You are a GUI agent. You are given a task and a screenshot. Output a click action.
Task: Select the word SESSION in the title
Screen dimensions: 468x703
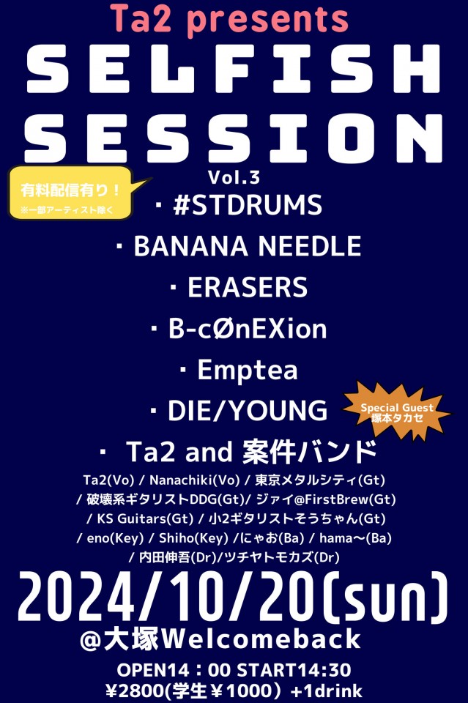[234, 138]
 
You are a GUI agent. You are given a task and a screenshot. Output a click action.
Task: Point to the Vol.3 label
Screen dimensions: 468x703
[234, 177]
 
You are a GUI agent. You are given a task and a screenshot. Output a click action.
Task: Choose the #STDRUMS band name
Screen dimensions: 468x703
[248, 205]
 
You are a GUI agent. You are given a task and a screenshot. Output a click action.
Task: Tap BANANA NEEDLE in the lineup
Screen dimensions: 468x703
[248, 246]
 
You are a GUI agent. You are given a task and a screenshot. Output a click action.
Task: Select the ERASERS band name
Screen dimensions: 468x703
[248, 287]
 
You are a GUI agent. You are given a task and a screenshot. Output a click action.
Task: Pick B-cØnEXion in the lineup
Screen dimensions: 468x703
[248, 328]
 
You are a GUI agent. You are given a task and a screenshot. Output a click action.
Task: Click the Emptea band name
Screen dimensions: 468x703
[248, 370]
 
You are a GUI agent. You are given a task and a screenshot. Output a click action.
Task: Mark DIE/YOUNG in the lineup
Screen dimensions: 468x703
[248, 411]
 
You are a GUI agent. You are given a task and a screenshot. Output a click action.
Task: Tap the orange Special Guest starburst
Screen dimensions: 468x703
[397, 411]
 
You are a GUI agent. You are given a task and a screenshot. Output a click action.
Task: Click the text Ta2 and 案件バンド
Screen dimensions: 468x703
[252, 452]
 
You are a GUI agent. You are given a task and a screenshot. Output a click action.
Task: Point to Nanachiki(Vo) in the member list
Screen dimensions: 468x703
[195, 480]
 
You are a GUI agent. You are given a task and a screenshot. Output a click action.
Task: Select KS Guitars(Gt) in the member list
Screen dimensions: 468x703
[145, 518]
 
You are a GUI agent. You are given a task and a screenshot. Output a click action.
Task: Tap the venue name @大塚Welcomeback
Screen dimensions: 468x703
[220, 639]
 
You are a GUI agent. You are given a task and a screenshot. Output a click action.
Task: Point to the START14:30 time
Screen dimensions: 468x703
[294, 670]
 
